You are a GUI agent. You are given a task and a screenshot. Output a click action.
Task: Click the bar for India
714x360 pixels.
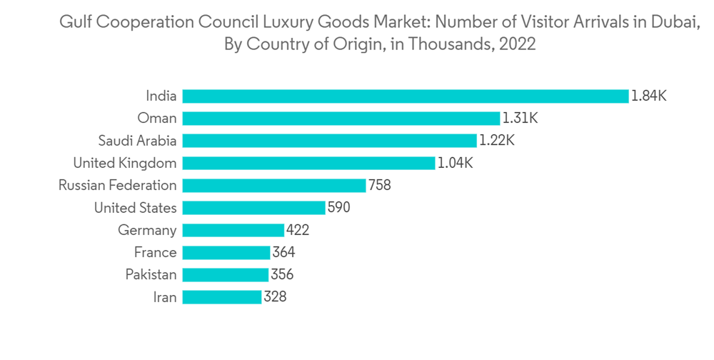click(x=405, y=96)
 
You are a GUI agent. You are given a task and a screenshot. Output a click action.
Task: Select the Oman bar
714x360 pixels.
click(x=341, y=118)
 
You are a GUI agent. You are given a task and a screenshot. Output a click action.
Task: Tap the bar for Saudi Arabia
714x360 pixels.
click(x=329, y=141)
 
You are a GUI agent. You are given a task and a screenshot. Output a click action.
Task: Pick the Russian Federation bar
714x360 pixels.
click(x=274, y=185)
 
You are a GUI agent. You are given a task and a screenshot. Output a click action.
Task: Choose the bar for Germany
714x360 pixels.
click(x=233, y=230)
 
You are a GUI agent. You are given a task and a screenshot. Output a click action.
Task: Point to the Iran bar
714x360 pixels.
click(x=221, y=296)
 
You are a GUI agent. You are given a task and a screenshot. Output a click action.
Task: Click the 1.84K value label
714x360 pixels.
click(x=648, y=96)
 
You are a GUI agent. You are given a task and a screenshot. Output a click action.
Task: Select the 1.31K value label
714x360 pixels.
click(x=520, y=118)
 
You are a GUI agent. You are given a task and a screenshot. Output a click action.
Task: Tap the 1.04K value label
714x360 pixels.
click(x=455, y=163)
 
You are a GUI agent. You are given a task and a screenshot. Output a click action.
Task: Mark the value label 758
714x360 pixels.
click(x=379, y=185)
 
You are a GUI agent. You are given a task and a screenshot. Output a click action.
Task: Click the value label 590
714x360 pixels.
click(x=338, y=208)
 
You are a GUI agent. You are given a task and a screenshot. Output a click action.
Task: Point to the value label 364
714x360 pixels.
click(x=283, y=252)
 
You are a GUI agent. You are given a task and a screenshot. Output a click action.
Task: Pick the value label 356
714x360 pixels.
click(x=281, y=274)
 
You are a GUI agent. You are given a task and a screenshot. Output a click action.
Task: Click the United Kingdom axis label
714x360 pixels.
click(x=125, y=163)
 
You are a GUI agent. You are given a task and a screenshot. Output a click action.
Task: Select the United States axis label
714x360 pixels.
click(x=135, y=208)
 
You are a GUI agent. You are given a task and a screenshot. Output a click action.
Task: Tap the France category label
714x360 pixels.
click(x=155, y=252)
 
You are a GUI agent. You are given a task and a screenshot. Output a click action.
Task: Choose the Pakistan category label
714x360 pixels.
click(x=151, y=274)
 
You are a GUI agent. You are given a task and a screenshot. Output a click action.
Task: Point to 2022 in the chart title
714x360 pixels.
click(x=518, y=44)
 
